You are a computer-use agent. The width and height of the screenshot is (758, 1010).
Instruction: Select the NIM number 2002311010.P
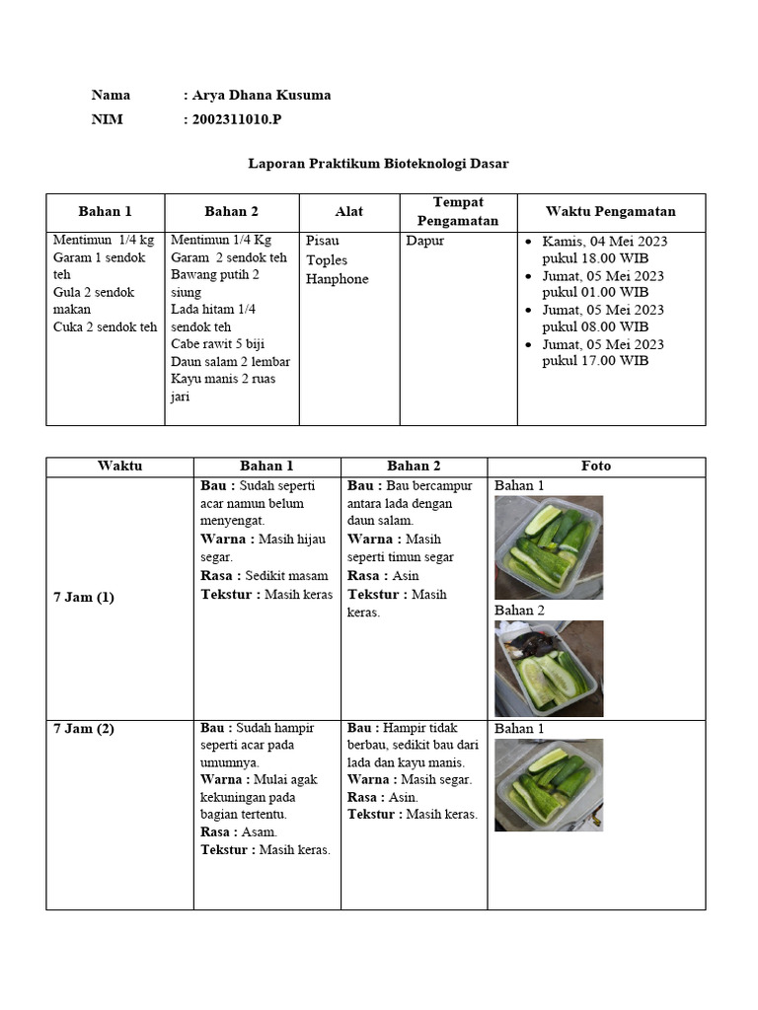(242, 120)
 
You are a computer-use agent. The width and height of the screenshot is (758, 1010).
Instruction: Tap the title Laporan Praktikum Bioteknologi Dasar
(378, 164)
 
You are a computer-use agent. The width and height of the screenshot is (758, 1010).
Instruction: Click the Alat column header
(348, 211)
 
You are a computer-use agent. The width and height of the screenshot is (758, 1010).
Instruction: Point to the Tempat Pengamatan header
(458, 211)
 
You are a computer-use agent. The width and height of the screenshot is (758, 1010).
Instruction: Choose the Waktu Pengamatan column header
(610, 211)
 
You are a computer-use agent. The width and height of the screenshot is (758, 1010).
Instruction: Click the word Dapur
(425, 241)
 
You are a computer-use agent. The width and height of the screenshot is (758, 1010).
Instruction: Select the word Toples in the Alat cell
(327, 260)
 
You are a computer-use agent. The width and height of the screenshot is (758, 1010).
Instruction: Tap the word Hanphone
(337, 279)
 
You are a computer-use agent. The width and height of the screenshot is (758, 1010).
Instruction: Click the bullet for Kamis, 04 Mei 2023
(530, 242)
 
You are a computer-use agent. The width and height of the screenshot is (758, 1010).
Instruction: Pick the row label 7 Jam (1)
(84, 598)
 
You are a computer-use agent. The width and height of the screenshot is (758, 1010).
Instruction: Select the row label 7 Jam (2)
(84, 729)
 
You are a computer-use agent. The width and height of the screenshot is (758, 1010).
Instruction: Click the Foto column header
(596, 467)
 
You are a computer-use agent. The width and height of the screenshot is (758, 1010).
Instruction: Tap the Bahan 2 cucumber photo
(548, 669)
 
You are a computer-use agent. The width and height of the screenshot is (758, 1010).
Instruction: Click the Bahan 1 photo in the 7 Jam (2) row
(548, 785)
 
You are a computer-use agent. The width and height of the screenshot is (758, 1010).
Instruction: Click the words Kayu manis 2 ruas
(223, 379)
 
